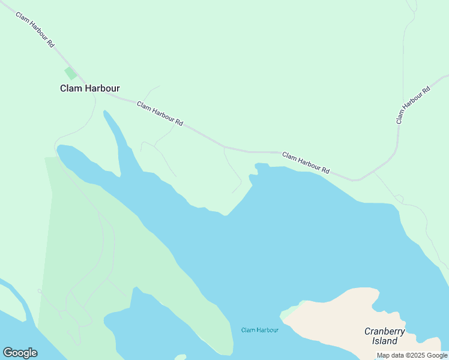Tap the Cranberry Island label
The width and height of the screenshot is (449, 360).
(385, 336)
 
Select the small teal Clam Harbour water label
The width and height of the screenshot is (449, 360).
(260, 330)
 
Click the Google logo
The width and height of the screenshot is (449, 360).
(20, 353)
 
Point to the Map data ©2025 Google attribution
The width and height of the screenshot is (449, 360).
(412, 355)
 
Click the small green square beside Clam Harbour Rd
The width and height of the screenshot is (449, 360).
(71, 73)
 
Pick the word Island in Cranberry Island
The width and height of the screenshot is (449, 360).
(385, 341)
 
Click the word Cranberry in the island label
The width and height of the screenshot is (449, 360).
(385, 331)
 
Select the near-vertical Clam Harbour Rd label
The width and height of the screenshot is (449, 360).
(414, 105)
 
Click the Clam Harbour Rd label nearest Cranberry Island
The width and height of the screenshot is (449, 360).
(306, 163)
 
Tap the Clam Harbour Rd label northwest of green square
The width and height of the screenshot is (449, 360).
(35, 29)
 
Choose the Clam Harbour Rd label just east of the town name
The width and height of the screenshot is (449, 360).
(160, 113)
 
